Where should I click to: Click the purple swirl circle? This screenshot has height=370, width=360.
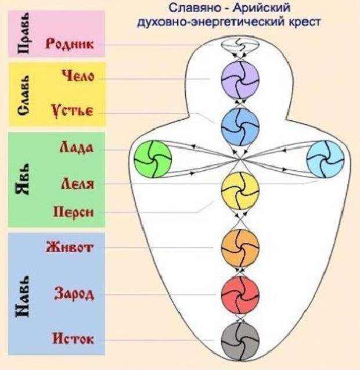[240, 80]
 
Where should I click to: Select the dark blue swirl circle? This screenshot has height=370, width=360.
[240, 127]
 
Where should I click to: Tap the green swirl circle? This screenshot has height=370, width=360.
[153, 159]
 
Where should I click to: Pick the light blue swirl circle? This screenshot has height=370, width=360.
[326, 159]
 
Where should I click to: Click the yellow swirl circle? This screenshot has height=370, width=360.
[240, 191]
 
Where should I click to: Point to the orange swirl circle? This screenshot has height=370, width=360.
[240, 248]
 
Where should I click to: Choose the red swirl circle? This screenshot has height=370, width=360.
[240, 294]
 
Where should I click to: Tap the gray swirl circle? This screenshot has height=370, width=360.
[240, 341]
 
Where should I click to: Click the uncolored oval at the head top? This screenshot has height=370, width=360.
[239, 45]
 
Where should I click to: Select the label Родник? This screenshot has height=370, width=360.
[69, 44]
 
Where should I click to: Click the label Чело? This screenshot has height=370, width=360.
[78, 76]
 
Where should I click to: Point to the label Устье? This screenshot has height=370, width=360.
[73, 110]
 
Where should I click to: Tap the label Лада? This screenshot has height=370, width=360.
[77, 148]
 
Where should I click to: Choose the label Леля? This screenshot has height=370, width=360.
[78, 184]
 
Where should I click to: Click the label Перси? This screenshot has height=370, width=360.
[74, 212]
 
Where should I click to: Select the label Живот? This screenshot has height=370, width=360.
[70, 247]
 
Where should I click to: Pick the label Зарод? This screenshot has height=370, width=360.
[74, 294]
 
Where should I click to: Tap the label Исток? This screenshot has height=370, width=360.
[73, 339]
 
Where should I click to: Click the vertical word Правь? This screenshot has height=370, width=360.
[24, 33]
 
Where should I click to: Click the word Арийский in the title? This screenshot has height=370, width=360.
[261, 9]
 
